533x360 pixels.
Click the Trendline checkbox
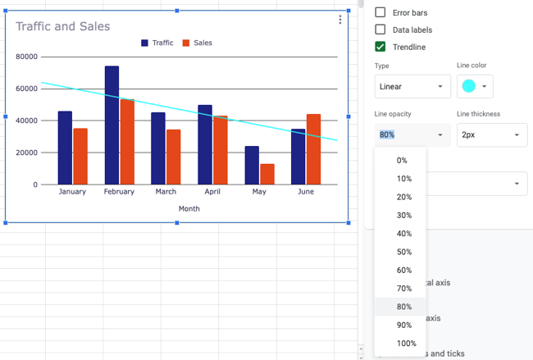click(380, 47)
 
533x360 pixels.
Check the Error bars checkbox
click(380, 13)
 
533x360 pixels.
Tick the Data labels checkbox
click(380, 30)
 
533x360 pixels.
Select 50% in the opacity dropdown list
click(403, 252)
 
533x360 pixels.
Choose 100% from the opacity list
click(406, 344)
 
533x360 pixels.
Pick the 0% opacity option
click(402, 161)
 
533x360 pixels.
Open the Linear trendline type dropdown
click(412, 86)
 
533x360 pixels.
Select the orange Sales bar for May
click(267, 174)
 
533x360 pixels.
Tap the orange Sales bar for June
click(313, 149)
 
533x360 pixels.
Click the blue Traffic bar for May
click(252, 165)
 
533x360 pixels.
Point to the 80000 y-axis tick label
click(26, 57)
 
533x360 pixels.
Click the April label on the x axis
click(212, 192)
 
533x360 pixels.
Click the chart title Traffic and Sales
click(62, 26)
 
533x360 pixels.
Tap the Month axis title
click(189, 208)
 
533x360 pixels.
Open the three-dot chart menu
click(340, 21)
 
